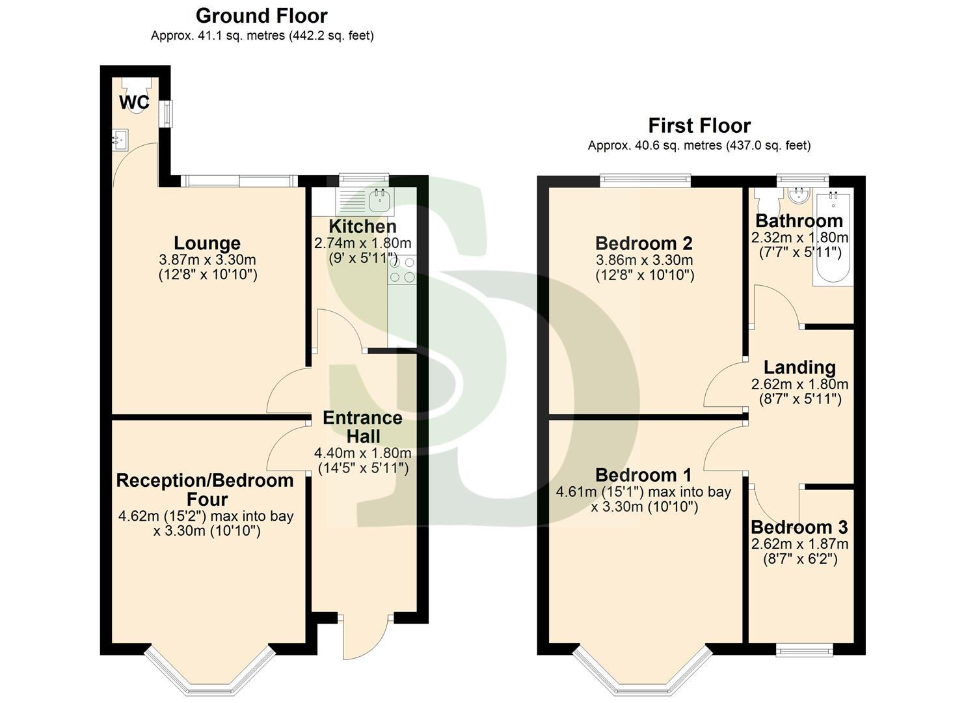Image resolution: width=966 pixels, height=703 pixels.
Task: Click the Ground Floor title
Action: pos(262,16)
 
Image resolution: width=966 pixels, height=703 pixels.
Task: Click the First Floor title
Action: pos(699,126)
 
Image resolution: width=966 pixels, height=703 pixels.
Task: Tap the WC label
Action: pos(134,102)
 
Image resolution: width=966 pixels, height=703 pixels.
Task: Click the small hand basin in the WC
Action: pos(120,139)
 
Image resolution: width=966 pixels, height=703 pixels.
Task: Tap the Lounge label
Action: pos(208,243)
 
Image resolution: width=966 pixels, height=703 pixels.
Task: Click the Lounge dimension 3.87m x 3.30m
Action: pos(208,260)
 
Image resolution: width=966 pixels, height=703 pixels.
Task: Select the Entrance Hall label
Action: pos(362,427)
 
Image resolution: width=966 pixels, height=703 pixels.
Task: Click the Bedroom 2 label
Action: pos(644,243)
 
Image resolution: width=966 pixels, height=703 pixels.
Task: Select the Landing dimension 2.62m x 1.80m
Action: pos(799,384)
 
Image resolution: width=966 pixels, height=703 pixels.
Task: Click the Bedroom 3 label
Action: pos(799,527)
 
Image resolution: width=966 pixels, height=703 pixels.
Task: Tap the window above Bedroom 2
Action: pos(645,180)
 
